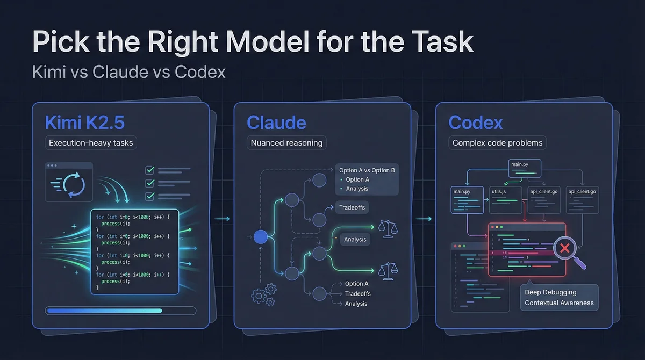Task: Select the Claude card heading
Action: coord(276,123)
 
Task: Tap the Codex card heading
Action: coord(476,123)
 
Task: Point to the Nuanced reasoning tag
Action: coord(286,143)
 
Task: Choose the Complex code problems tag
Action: coord(498,143)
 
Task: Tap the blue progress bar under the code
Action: coord(104,310)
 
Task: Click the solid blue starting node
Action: coord(261,236)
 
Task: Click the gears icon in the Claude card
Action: coord(263,296)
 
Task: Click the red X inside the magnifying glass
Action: coord(564,248)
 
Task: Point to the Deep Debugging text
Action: coord(550,292)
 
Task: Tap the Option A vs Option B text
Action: coord(368,170)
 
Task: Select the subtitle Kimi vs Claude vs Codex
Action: coord(128,71)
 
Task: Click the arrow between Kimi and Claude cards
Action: coord(221,219)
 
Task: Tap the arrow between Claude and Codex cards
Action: coord(424,219)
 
